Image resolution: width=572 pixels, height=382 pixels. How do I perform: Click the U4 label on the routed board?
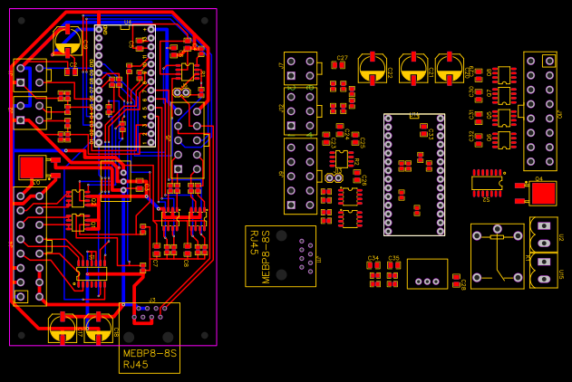128,21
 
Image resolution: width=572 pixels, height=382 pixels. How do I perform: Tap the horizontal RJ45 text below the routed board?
135,365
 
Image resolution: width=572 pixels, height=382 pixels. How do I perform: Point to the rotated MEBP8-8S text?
267,257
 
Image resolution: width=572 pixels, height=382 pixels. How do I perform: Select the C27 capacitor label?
342,59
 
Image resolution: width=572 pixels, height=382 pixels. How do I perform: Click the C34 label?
373,258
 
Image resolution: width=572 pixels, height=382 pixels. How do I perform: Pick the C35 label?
393,258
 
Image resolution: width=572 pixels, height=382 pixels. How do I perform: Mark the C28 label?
463,284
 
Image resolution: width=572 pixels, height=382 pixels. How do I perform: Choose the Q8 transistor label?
490,72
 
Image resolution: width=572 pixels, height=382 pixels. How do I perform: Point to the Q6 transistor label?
490,137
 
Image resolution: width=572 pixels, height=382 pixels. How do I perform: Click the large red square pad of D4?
543,193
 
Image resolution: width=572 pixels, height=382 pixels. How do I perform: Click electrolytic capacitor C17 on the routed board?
63,327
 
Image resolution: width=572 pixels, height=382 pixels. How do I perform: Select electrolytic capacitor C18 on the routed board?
98,327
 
